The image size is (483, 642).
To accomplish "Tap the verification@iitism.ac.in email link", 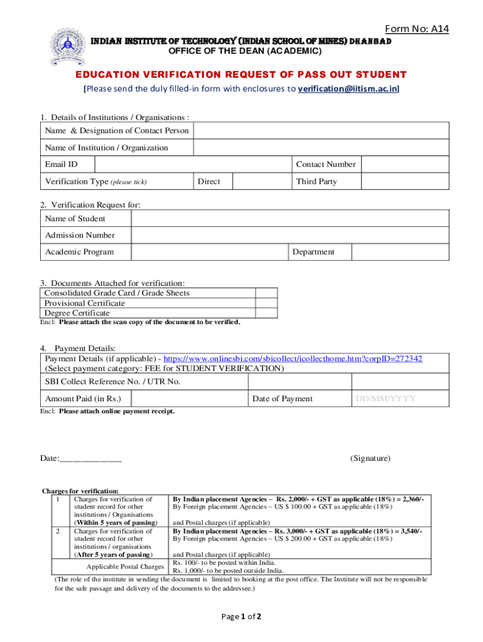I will (348, 88).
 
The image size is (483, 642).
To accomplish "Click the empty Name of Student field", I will (290, 219).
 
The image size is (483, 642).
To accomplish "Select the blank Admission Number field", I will (290, 235).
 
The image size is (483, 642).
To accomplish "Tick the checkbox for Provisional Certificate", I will (267, 303).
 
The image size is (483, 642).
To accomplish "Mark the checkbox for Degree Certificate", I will (267, 313).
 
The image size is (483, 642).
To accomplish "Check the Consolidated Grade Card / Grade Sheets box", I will (267, 293).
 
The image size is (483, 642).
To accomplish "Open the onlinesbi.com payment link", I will (293, 359).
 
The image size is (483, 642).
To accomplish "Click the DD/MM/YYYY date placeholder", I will (385, 399).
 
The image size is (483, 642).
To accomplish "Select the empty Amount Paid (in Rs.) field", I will (189, 399).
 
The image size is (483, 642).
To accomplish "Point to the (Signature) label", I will (370, 458).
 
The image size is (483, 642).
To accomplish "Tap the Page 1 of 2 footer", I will (242, 616).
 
